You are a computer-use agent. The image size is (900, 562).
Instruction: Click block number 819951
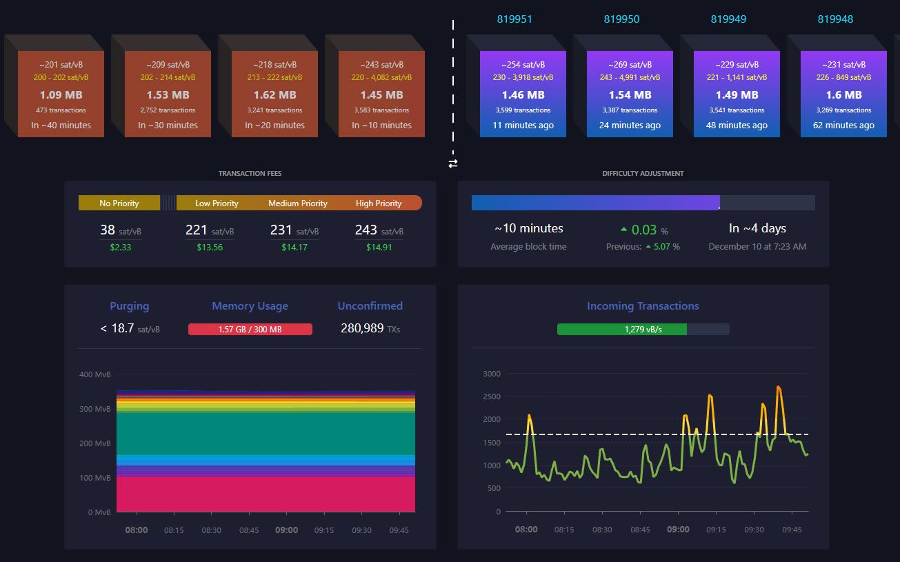coord(514,19)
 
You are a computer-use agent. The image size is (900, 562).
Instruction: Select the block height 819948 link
coord(835,19)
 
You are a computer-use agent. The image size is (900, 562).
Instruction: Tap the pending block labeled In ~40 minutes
coord(61,94)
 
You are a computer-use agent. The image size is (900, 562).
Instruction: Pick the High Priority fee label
coord(379,203)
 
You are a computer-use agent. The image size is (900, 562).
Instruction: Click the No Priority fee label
coord(119,203)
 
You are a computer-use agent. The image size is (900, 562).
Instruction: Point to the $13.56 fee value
coord(210,247)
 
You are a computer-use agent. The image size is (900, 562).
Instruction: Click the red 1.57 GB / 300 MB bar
coord(250,330)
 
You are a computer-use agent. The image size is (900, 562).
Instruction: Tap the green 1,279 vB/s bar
coord(622,330)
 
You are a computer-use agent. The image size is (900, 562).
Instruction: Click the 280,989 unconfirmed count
coord(362,328)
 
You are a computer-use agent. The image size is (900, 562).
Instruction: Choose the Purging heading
coord(130,306)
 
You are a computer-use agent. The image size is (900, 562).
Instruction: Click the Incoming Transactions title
coord(643,306)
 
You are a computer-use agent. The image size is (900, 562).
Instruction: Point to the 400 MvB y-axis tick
coord(95,374)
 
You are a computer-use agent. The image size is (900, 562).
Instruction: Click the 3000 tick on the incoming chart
coord(491,374)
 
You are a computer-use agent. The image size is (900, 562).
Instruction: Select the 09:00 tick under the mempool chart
coord(287,530)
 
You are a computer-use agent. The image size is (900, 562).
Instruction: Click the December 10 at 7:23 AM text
coord(757,247)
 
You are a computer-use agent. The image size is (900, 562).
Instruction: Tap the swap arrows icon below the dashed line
coord(453,163)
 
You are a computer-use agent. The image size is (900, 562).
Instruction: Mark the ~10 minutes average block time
coord(528,228)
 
